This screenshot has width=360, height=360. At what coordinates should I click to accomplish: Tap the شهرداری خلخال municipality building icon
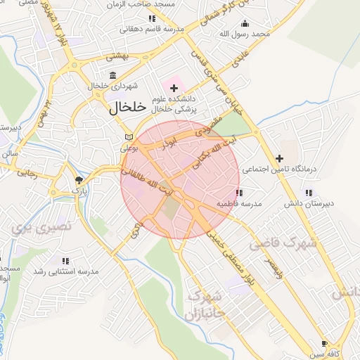(x=113, y=75)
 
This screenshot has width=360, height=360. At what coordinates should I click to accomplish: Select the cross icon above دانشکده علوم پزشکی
(x=174, y=88)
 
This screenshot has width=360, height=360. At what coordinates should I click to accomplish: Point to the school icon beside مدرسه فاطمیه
(x=239, y=192)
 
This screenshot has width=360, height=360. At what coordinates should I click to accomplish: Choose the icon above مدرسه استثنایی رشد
(x=65, y=260)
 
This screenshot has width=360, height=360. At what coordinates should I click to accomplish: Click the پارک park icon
(x=78, y=180)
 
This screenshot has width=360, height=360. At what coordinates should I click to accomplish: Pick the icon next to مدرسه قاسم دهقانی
(x=152, y=18)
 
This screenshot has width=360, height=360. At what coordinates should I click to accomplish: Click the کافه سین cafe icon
(x=323, y=344)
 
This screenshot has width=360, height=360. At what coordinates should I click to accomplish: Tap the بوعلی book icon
(x=127, y=137)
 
